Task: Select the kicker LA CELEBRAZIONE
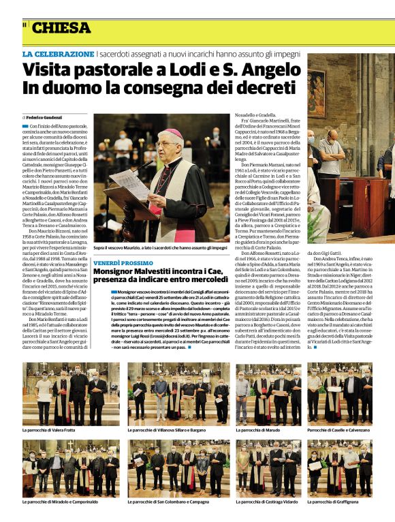[58, 53]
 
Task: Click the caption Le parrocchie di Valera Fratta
[50, 430]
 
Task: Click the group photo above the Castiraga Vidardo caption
[268, 469]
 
